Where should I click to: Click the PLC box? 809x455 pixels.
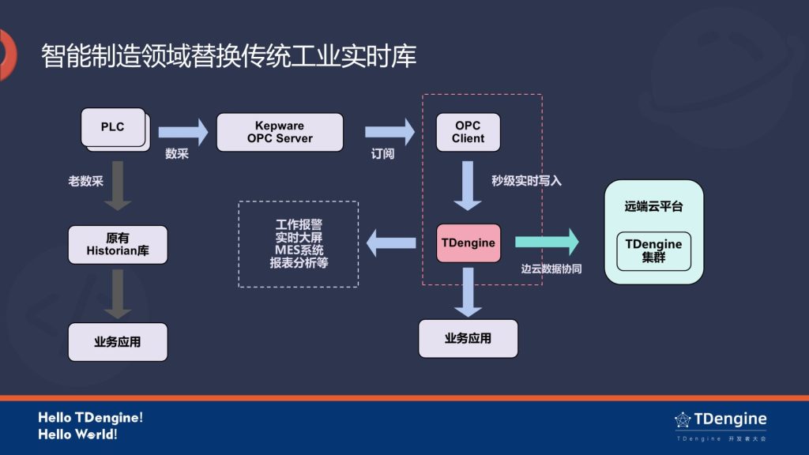coord(113,127)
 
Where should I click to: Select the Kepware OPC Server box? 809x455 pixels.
coord(280,132)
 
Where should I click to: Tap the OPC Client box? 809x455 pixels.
coord(468,132)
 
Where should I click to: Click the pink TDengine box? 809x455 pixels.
coord(468,243)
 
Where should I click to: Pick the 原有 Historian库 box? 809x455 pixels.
coord(118,245)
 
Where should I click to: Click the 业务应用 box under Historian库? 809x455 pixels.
coord(118,342)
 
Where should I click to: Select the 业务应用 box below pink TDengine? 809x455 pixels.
coord(468,338)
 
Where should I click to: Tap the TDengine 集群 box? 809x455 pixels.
coord(653,251)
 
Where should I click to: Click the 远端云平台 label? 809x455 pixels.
coord(653,206)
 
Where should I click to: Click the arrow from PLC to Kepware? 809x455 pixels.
coord(182,131)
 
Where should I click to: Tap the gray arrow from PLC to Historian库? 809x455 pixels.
coord(118,186)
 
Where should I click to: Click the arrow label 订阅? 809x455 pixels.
coord(382,154)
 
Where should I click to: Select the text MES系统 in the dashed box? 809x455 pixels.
coord(299,250)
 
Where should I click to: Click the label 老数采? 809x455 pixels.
coord(85,181)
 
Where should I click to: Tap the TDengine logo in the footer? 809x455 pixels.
coord(720,419)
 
